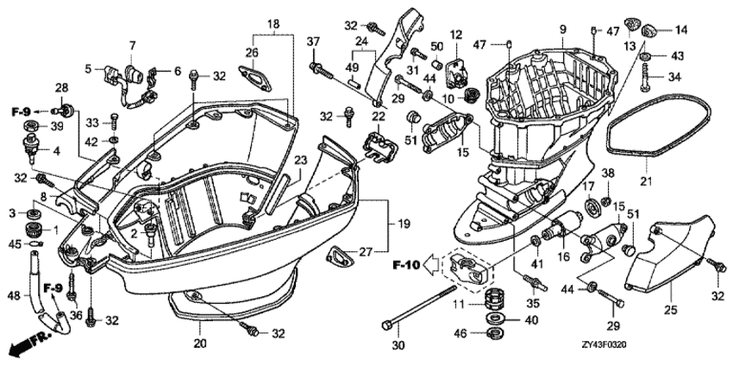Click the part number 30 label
coord(398,346)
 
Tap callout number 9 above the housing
coord(561,31)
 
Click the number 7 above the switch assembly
coord(133,45)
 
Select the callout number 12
coord(456,35)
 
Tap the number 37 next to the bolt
coord(314,43)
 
